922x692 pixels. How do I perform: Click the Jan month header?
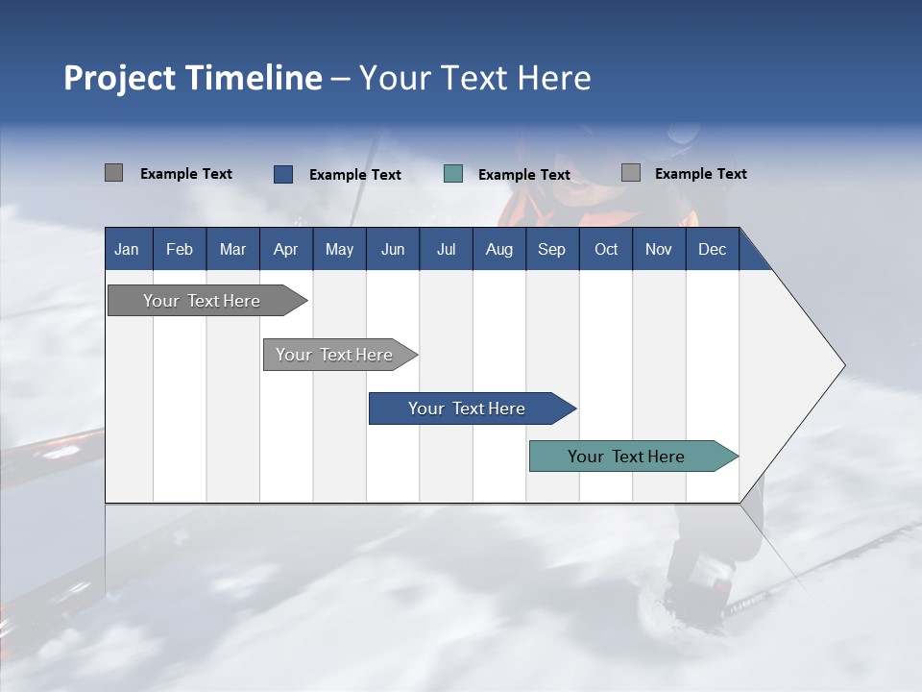click(x=127, y=249)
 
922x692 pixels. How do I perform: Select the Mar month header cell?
click(x=232, y=249)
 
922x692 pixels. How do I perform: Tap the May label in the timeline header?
click(x=339, y=249)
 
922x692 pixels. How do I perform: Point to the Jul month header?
click(x=446, y=249)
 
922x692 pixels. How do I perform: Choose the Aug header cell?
click(x=498, y=249)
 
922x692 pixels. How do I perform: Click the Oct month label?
click(x=606, y=249)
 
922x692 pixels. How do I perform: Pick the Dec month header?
click(x=712, y=249)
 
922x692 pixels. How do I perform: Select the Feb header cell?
click(x=180, y=249)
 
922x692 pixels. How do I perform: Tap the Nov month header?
click(x=659, y=249)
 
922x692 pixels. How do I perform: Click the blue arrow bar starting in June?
click(x=467, y=408)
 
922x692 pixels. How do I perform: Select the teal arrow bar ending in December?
click(x=626, y=457)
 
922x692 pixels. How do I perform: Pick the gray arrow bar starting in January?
click(x=202, y=301)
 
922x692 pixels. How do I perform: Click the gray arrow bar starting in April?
click(x=334, y=355)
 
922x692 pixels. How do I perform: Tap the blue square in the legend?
click(x=283, y=174)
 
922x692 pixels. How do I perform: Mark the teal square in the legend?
click(x=453, y=174)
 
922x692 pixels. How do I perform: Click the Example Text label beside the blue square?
click(x=355, y=175)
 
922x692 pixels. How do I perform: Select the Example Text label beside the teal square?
click(x=524, y=175)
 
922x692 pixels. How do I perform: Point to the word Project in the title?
click(x=120, y=78)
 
